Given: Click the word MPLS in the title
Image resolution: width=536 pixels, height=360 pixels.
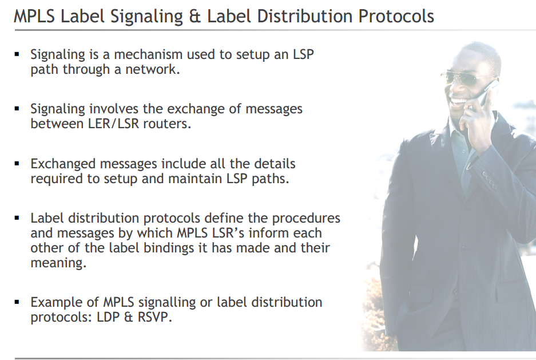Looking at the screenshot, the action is (34, 16).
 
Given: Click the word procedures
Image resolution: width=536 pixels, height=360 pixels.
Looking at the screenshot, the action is (306, 219).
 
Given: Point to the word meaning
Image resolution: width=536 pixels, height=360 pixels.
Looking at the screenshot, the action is (58, 263).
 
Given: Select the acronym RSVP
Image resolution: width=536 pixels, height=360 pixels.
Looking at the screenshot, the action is (154, 317).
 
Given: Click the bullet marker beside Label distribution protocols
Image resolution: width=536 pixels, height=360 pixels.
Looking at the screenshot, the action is (17, 218).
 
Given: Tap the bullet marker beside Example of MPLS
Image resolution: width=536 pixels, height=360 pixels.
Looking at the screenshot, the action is (17, 302).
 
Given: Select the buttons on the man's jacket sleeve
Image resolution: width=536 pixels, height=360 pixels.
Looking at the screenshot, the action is (490, 180).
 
